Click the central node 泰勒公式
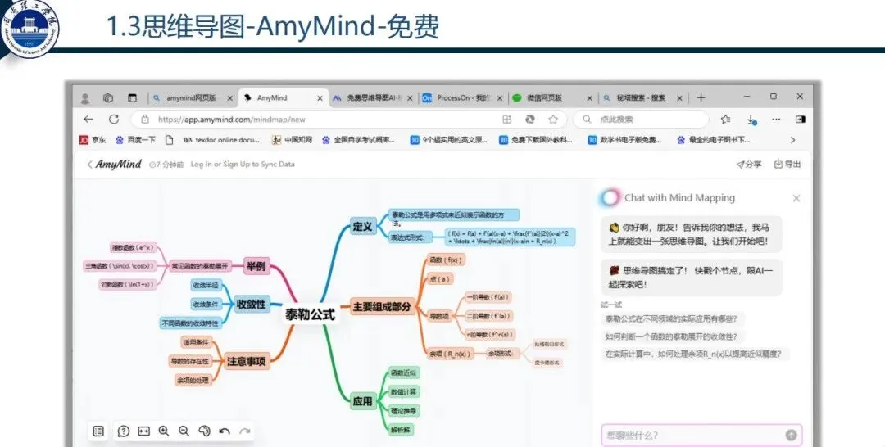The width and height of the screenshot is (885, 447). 310,314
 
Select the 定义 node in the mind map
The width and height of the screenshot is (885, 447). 361,226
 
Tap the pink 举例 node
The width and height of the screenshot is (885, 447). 256,266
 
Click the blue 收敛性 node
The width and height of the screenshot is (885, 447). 251,304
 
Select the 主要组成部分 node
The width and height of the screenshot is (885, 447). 382,307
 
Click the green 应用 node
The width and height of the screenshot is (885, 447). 362,401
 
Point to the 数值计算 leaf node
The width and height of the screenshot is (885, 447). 403,391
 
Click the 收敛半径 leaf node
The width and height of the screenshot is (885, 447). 205,285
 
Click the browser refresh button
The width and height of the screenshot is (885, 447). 114,120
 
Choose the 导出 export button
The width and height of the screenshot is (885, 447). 787,164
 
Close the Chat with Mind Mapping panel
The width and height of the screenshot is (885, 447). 796,198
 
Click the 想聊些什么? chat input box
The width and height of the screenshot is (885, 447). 692,435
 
